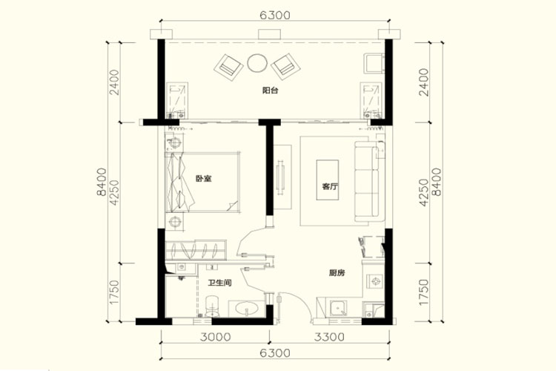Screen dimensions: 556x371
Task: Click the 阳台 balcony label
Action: point(270,91)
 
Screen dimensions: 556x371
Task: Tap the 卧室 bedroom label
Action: point(204,178)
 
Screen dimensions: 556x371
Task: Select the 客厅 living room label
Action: point(330,186)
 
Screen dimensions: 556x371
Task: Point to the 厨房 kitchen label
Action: point(337,273)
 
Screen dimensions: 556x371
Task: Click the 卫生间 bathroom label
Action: point(220,283)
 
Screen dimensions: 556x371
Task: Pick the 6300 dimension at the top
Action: point(275,16)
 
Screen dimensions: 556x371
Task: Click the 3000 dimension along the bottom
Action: point(215,337)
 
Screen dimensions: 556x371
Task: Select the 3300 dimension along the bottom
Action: point(329,337)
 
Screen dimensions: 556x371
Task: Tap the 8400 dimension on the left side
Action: point(101,182)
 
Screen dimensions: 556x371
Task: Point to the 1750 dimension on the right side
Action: point(424,292)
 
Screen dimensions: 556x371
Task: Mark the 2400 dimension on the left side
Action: point(114,82)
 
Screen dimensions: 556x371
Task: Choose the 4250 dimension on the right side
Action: point(424,191)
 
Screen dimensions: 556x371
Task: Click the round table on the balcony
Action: point(257,63)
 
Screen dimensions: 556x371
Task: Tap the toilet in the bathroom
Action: point(213,306)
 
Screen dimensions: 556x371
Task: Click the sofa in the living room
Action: point(369,183)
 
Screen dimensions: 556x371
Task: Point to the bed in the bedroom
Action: point(203,183)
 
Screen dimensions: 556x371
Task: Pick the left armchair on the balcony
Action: point(228,67)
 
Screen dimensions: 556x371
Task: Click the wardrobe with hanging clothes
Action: point(196,250)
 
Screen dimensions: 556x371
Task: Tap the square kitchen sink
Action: point(338,308)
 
